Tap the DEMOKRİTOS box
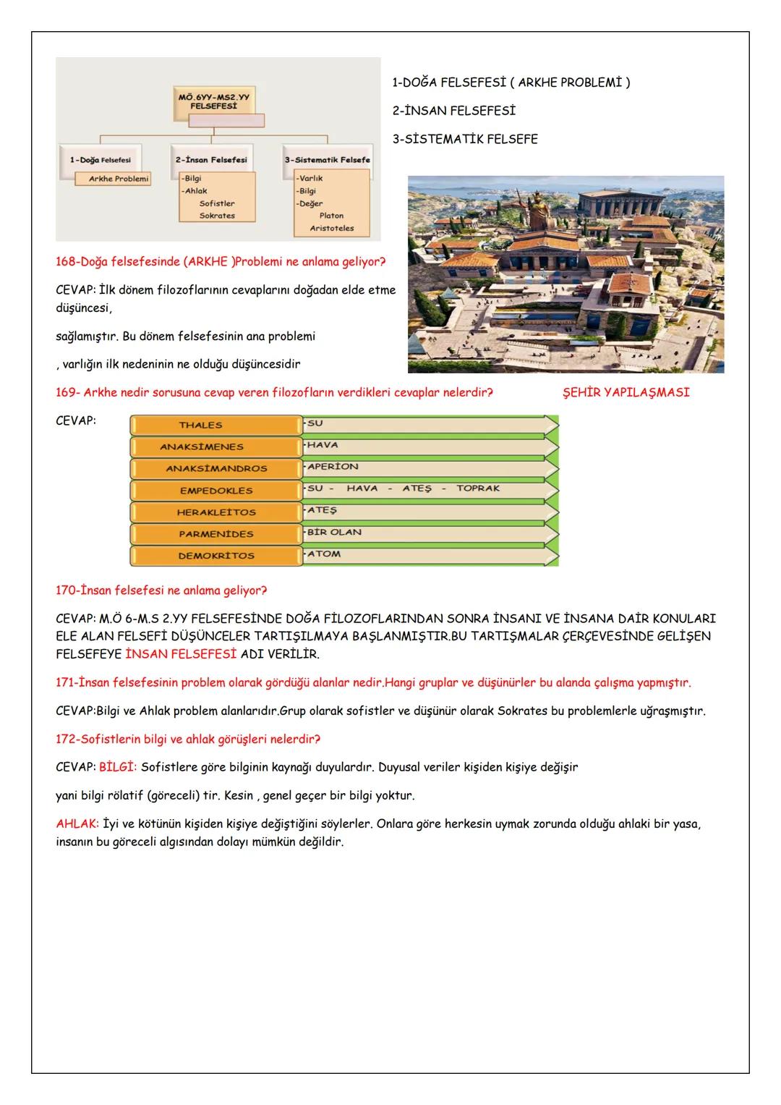pos(215,556)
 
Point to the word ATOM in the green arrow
pos(324,554)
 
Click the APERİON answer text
pos(333,467)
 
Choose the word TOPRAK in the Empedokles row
pos(478,488)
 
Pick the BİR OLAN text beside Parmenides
pos(334,533)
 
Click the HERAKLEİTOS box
pos(215,512)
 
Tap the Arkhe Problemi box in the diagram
pos(113,179)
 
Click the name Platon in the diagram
pos(331,216)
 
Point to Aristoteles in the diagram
pos(332,228)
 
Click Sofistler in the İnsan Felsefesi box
pos(217,203)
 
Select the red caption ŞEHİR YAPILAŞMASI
pos(626,392)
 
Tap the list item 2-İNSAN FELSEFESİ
pos(453,111)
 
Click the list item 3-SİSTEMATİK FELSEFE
pos(465,139)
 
